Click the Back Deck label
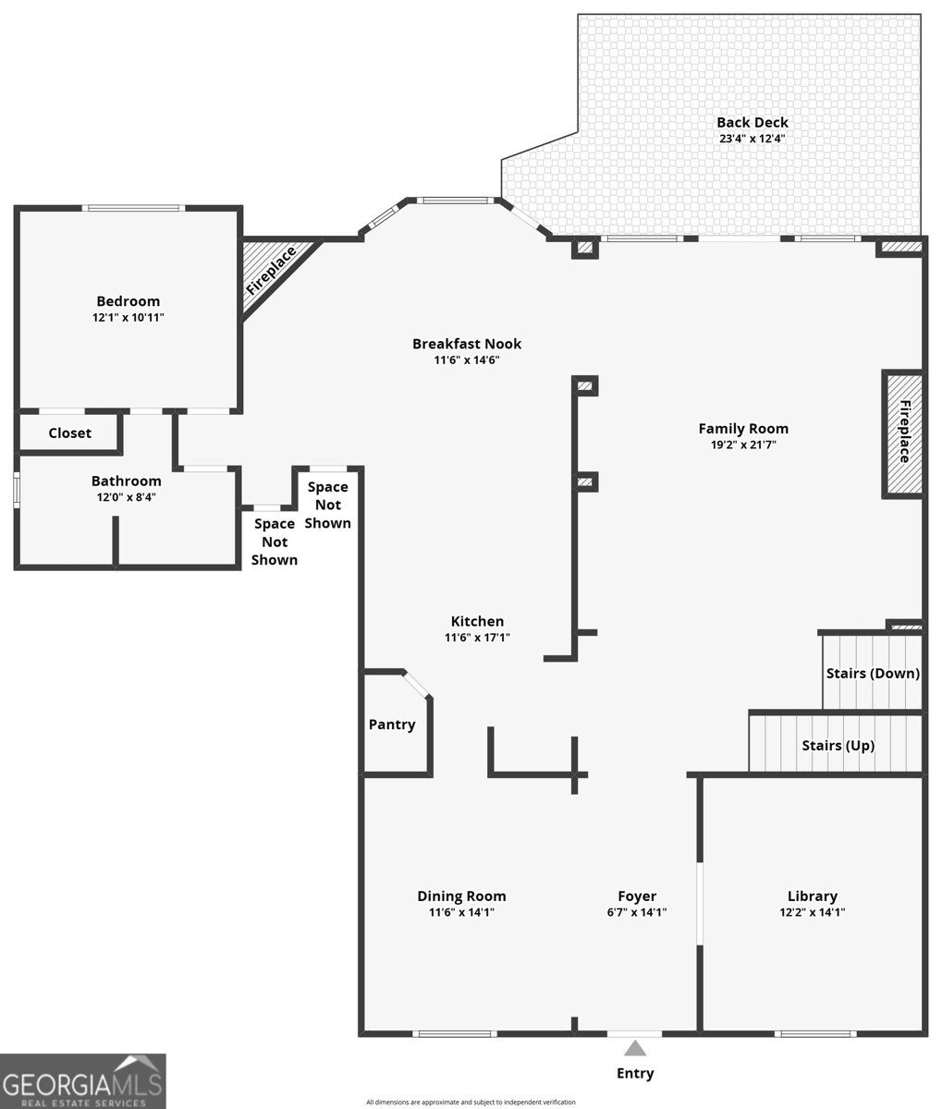[x=752, y=122]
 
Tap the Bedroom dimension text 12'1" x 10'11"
[x=128, y=317]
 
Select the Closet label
[x=69, y=433]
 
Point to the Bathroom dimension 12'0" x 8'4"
[x=126, y=497]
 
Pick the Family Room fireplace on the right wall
[x=903, y=434]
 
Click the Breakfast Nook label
[x=467, y=344]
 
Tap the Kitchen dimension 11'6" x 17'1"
[x=477, y=638]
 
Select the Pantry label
[x=392, y=725]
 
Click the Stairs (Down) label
[x=873, y=674]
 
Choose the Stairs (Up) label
[x=838, y=746]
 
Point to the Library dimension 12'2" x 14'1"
[x=812, y=912]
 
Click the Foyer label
[x=637, y=896]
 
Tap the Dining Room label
[x=461, y=896]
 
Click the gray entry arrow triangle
[x=635, y=1048]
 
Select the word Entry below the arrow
[x=635, y=1074]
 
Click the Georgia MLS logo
[x=82, y=1080]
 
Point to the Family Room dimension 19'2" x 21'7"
[x=743, y=445]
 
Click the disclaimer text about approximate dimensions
[x=471, y=1103]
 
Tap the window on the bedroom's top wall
[x=134, y=208]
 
